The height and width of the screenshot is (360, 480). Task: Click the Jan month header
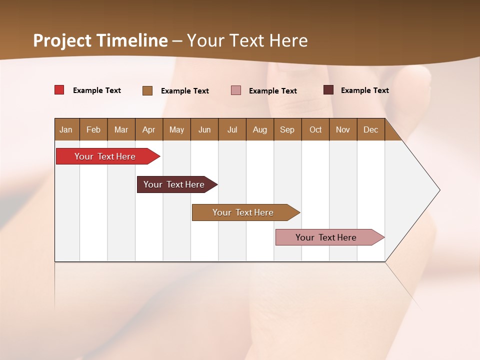66,129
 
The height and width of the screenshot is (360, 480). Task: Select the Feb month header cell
93,129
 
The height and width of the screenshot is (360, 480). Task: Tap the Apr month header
149,129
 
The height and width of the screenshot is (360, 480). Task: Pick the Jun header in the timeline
204,129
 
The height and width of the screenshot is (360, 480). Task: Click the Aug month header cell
260,129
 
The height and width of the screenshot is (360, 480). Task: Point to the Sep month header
287,129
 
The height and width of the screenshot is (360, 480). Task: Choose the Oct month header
315,129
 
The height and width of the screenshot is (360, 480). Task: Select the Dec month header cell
371,129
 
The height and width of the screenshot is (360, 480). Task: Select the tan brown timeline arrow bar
243,212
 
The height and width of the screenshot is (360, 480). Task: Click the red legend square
59,90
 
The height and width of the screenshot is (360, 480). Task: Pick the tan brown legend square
147,90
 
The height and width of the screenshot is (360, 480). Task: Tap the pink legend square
236,90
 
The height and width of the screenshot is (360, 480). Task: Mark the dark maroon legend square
328,90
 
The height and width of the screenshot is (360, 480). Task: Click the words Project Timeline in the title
100,40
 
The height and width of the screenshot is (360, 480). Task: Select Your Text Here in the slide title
247,40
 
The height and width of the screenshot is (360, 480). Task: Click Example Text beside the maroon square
365,90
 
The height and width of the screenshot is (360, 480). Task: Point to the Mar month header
121,129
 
